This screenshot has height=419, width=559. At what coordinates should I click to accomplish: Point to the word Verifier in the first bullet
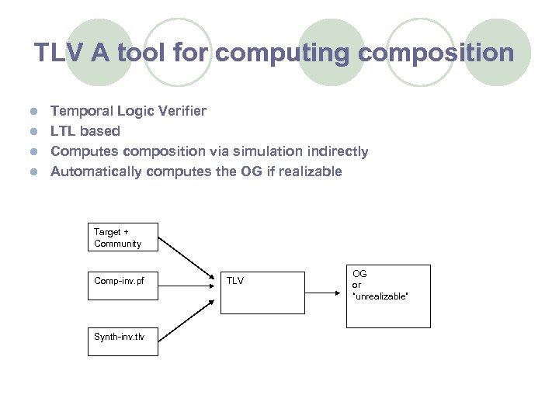click(x=181, y=111)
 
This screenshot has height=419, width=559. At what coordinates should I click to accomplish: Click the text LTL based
click(x=85, y=131)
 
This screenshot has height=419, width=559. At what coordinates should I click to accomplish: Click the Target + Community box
click(x=122, y=237)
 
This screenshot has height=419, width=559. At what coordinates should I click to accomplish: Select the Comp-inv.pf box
click(x=122, y=281)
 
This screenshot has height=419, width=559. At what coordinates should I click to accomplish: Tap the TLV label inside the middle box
click(x=234, y=281)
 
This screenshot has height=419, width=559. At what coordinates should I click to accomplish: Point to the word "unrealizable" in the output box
click(x=380, y=296)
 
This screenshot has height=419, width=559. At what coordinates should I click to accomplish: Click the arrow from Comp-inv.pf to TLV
click(x=189, y=284)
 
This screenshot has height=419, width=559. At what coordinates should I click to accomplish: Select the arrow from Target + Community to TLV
click(x=189, y=256)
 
